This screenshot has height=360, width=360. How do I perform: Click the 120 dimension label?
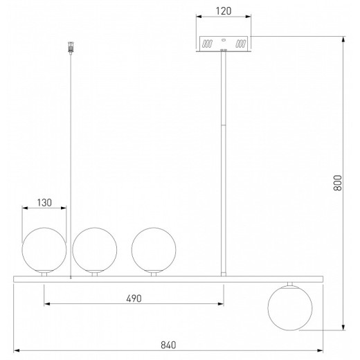coord(224,11)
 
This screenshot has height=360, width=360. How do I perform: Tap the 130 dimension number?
coord(44,203)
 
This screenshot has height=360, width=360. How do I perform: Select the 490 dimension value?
coord(134,298)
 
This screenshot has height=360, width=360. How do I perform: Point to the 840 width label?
coord(168,345)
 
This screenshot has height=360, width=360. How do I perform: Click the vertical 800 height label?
coord(338,183)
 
